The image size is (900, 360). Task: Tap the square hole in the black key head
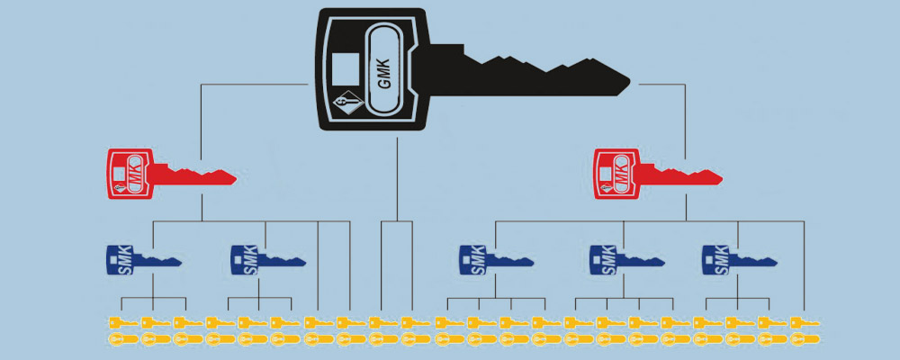(343, 67)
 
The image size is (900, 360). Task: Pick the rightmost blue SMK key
(738, 260)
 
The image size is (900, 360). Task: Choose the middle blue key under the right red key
(625, 260)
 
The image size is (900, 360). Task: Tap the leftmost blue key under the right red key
(495, 260)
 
